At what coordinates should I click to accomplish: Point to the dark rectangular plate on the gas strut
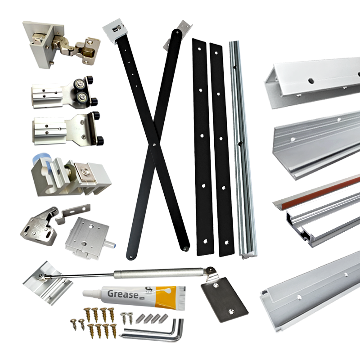tap(224, 299)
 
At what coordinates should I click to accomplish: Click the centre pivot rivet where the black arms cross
tap(154, 145)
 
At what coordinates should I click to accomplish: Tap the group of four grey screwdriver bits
tap(151, 317)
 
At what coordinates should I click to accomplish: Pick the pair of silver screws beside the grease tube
tap(127, 318)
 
